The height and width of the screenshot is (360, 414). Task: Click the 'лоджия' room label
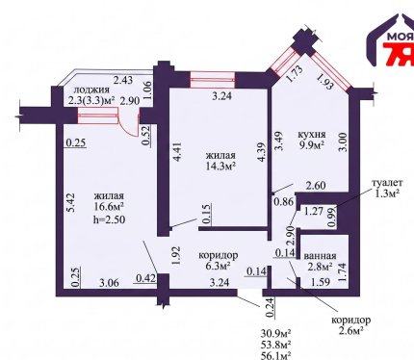click(91, 90)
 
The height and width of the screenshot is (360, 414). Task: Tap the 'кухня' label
click(312, 134)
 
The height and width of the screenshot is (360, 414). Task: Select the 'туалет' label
click(387, 183)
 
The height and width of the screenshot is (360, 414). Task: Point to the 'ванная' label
click(320, 256)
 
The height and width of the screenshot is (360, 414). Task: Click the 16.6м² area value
click(109, 206)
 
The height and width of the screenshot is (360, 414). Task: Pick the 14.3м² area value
click(221, 166)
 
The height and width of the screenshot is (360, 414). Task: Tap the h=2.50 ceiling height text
click(109, 219)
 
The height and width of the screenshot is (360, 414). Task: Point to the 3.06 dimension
click(109, 283)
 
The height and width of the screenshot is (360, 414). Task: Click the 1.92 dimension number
click(177, 255)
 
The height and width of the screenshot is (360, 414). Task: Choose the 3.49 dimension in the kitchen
click(279, 141)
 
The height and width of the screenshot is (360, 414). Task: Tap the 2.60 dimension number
click(316, 186)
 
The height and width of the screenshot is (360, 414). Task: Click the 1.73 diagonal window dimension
click(293, 74)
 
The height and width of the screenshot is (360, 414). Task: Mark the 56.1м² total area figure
click(276, 355)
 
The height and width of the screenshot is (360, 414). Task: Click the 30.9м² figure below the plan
click(276, 333)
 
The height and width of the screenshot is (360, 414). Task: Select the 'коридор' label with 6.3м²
click(219, 255)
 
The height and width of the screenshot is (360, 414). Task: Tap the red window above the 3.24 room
click(213, 80)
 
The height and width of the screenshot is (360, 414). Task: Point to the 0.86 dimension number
click(284, 202)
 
